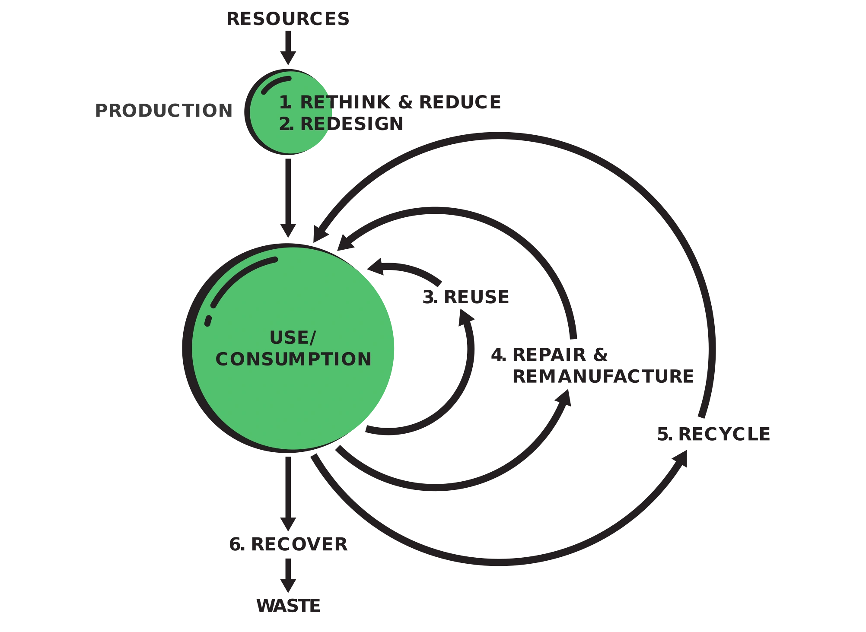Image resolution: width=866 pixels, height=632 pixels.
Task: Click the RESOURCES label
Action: pos(288,19)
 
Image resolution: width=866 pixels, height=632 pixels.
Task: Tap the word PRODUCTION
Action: pos(164,111)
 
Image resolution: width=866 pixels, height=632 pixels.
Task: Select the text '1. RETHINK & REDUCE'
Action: pos(390,102)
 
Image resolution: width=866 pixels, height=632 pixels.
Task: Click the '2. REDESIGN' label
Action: pos(341,124)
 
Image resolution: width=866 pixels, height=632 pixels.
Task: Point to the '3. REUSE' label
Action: pos(466,297)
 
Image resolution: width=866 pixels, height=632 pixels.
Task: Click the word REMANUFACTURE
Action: pos(603,376)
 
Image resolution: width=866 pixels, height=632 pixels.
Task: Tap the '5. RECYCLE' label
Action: pos(713,434)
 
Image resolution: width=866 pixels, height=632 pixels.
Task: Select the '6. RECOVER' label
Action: pos(288,544)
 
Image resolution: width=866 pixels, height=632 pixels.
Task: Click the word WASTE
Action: pos(288,606)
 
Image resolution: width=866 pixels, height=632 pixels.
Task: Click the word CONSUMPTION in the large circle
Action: pos(293,359)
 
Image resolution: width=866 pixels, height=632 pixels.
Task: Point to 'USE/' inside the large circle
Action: pos(293,338)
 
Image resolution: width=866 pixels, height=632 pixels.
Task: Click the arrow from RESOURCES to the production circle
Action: pos(288,48)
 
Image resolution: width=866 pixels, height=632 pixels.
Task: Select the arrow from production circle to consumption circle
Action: pos(288,198)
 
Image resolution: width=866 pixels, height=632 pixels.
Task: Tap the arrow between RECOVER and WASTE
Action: pos(288,575)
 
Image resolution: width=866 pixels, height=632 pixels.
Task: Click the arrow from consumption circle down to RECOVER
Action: pos(288,494)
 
